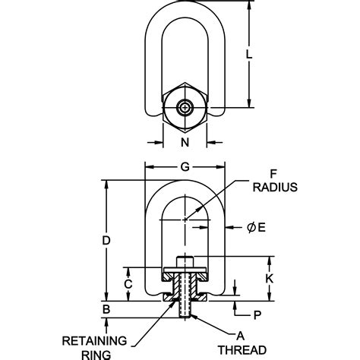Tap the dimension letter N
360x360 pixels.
tap(185, 141)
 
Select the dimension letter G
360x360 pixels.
tap(185, 167)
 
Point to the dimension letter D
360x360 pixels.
tap(107, 240)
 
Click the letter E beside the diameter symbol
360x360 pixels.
tap(261, 226)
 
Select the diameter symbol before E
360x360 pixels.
tap(250, 226)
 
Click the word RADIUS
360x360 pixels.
tap(275, 186)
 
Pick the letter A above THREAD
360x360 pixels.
tap(242, 336)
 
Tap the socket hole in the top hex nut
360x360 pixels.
tap(185, 108)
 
